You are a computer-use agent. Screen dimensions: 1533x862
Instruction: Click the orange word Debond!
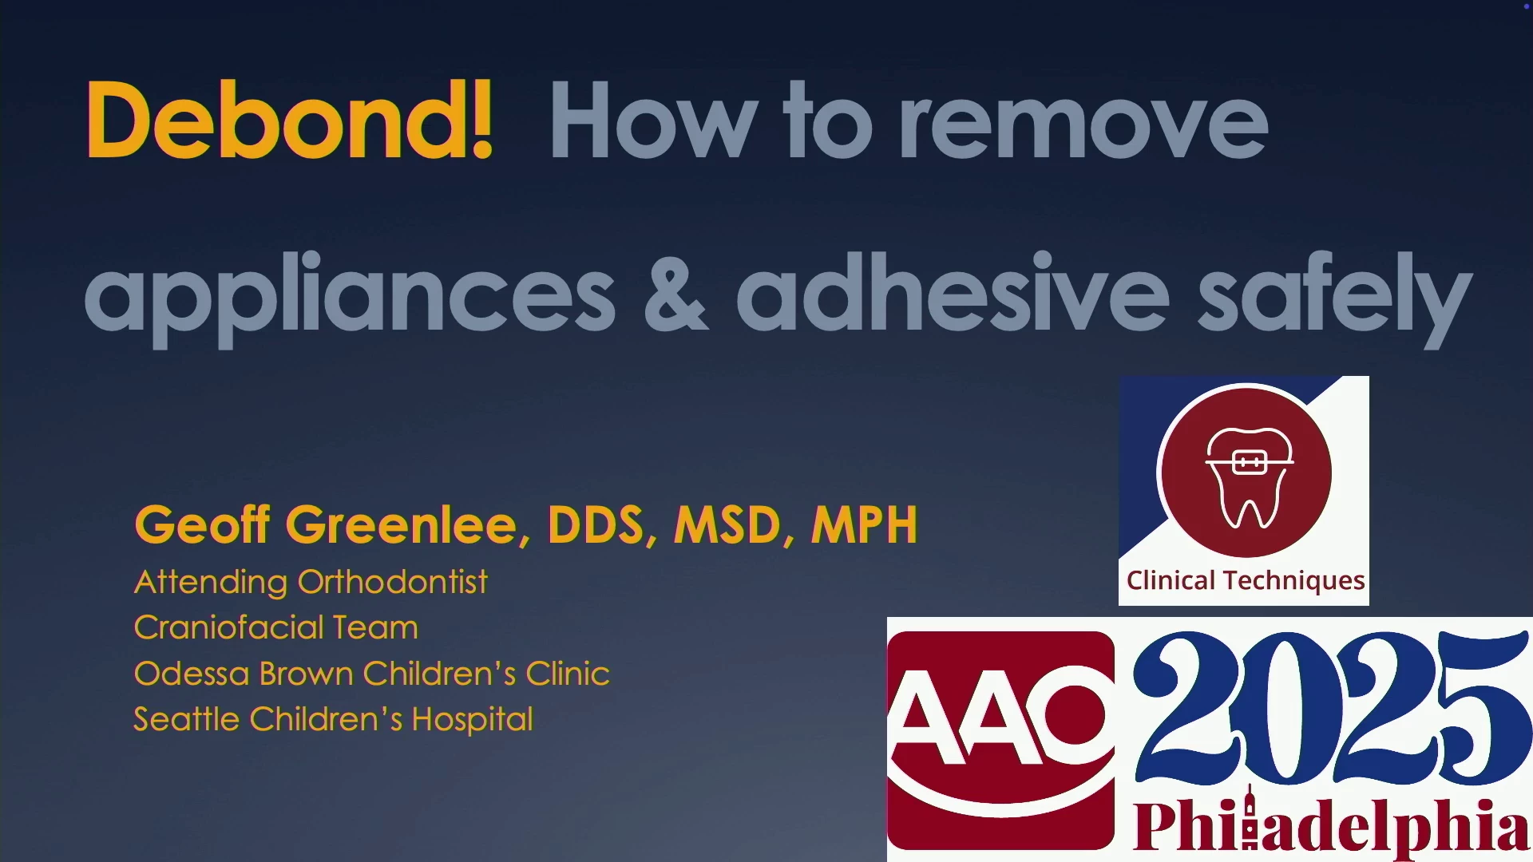click(x=290, y=120)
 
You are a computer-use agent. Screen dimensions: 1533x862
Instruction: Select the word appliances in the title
click(x=350, y=299)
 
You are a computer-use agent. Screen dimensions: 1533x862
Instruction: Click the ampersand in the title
click(x=675, y=292)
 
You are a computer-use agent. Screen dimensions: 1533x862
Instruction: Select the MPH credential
click(x=865, y=525)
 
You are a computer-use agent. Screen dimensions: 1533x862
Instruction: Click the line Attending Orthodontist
click(x=311, y=582)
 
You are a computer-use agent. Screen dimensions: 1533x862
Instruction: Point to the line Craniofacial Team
click(x=276, y=627)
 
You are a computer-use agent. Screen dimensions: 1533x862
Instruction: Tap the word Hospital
click(x=472, y=720)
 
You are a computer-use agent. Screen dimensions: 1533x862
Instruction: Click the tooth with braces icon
click(x=1250, y=477)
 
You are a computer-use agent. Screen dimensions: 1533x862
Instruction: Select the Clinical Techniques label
click(x=1246, y=580)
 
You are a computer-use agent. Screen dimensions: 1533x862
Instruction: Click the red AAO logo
click(x=1001, y=740)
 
